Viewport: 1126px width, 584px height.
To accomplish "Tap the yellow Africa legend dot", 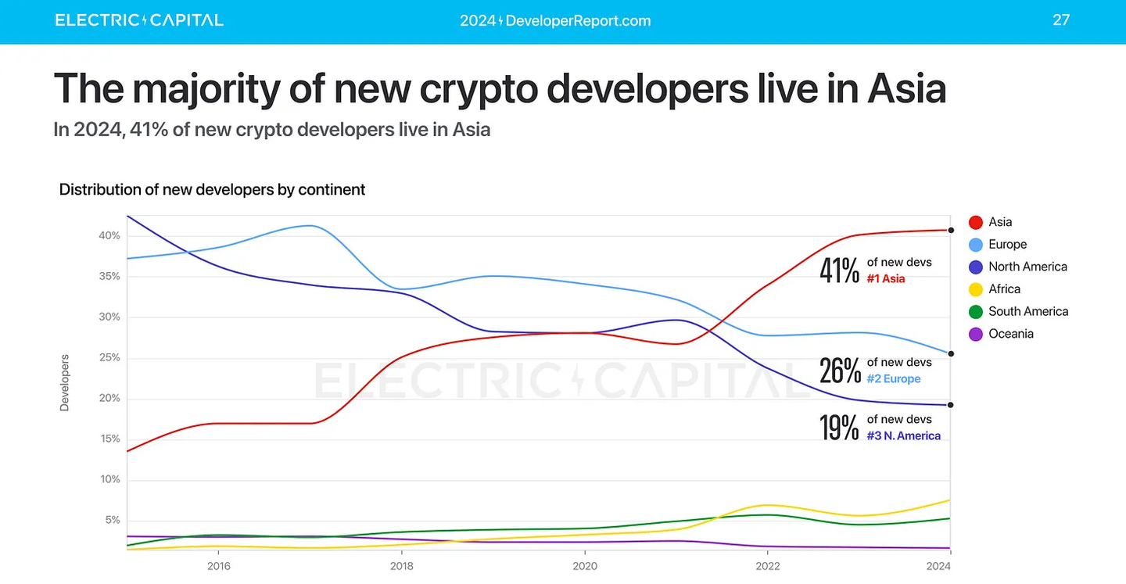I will pyautogui.click(x=976, y=289).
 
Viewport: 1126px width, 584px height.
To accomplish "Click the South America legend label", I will pyautogui.click(x=1027, y=311).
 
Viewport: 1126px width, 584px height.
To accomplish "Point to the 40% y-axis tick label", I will pyautogui.click(x=109, y=236).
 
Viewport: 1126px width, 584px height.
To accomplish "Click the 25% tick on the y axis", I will pyautogui.click(x=109, y=358).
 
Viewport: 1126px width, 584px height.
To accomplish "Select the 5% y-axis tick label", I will pyautogui.click(x=112, y=521).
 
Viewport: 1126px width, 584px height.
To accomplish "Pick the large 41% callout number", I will pyautogui.click(x=839, y=271).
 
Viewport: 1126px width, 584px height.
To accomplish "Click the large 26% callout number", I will pyautogui.click(x=839, y=371).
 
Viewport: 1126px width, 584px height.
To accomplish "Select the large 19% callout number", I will pyautogui.click(x=839, y=428).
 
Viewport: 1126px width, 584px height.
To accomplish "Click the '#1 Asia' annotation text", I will pyautogui.click(x=885, y=278).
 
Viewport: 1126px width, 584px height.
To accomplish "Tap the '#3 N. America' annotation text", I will pyautogui.click(x=903, y=435).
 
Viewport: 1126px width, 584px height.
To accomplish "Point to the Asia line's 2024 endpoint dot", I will pyautogui.click(x=951, y=230).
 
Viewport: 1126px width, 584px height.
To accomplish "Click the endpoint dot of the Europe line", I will pyautogui.click(x=951, y=353).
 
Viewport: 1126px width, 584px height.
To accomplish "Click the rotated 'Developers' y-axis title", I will pyautogui.click(x=65, y=383).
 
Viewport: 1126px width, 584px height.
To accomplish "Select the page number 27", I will pyautogui.click(x=1060, y=20).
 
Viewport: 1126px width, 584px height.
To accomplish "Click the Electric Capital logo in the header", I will pyautogui.click(x=139, y=20).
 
